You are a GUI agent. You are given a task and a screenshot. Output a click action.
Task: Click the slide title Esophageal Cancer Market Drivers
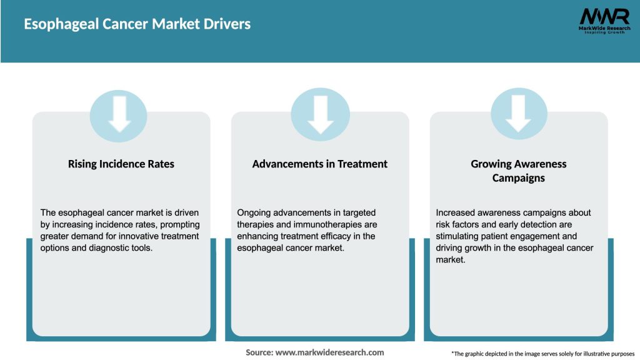coord(137,24)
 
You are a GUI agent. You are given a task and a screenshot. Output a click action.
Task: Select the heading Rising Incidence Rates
coord(121,164)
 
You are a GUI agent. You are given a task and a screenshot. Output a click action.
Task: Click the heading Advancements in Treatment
coord(320,164)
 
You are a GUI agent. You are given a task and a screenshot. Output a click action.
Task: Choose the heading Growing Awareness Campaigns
coord(518,171)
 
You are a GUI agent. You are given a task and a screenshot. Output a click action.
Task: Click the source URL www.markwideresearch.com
coord(330,352)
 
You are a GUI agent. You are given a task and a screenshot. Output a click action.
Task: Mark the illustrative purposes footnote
coord(542,354)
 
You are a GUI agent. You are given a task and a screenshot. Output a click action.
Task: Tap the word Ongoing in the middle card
coord(254,212)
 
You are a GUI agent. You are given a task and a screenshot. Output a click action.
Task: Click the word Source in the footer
coord(259,352)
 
